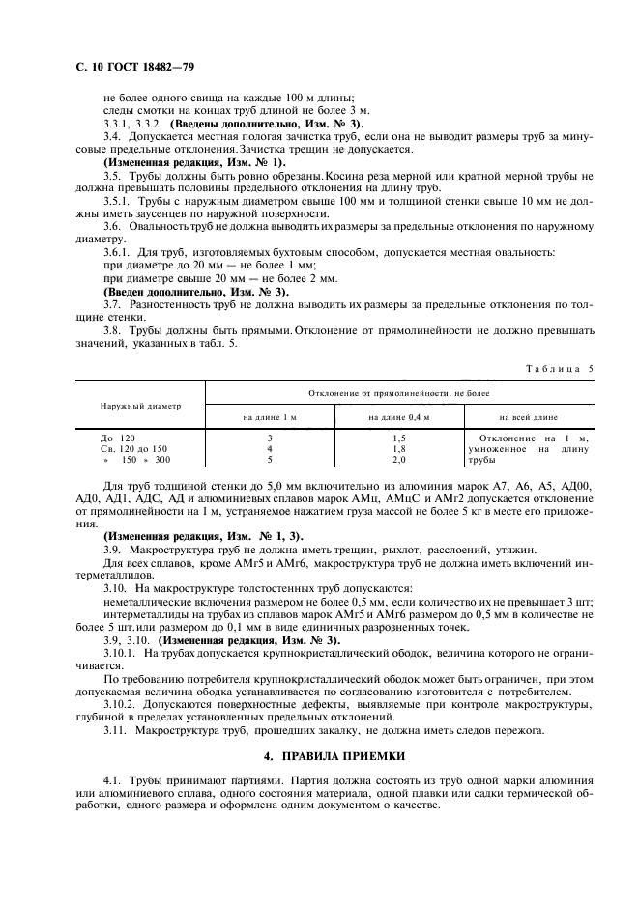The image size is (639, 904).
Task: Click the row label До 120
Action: (x=121, y=438)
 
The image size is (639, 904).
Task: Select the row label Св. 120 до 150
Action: (x=134, y=449)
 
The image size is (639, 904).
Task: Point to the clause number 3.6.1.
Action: (x=117, y=252)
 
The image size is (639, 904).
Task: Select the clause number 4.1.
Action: (x=111, y=778)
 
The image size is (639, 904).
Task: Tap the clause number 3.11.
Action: (x=115, y=729)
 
